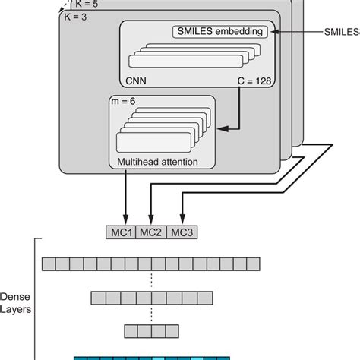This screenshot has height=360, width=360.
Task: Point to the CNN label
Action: [x=134, y=77]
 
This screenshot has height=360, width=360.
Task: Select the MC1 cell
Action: [x=120, y=232]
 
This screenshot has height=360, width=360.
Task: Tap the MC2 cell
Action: [x=151, y=232]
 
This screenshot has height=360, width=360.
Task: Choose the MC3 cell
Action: [x=182, y=232]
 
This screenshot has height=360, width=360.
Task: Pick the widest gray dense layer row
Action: [x=151, y=263]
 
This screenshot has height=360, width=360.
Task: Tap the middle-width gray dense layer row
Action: [x=151, y=297]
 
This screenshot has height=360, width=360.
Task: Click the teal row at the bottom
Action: [x=151, y=355]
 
